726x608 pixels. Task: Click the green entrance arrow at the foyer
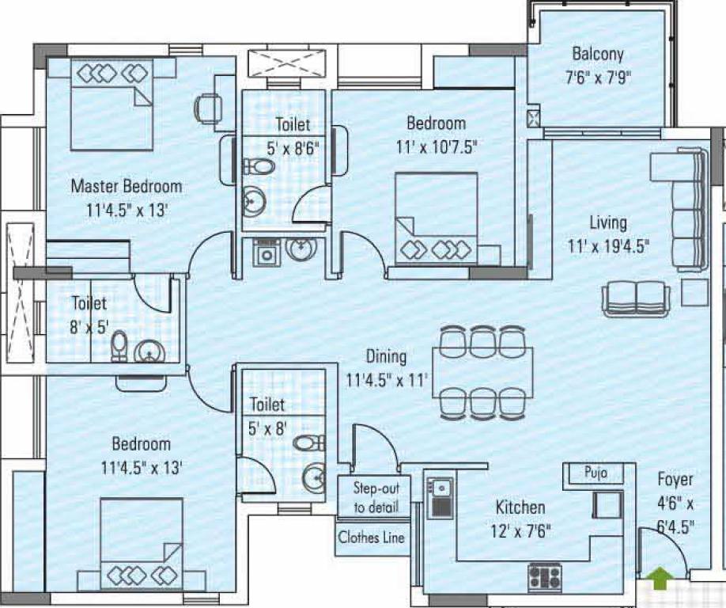point(658,580)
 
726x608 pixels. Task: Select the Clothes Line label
point(372,538)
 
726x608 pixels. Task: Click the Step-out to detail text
point(376,497)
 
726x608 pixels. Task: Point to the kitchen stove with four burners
point(545,574)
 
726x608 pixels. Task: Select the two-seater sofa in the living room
point(636,299)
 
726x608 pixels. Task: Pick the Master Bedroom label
point(127,187)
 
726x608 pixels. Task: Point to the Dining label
point(386,356)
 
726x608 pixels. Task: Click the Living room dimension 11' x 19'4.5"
point(608,245)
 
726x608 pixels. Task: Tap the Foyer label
point(675,480)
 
